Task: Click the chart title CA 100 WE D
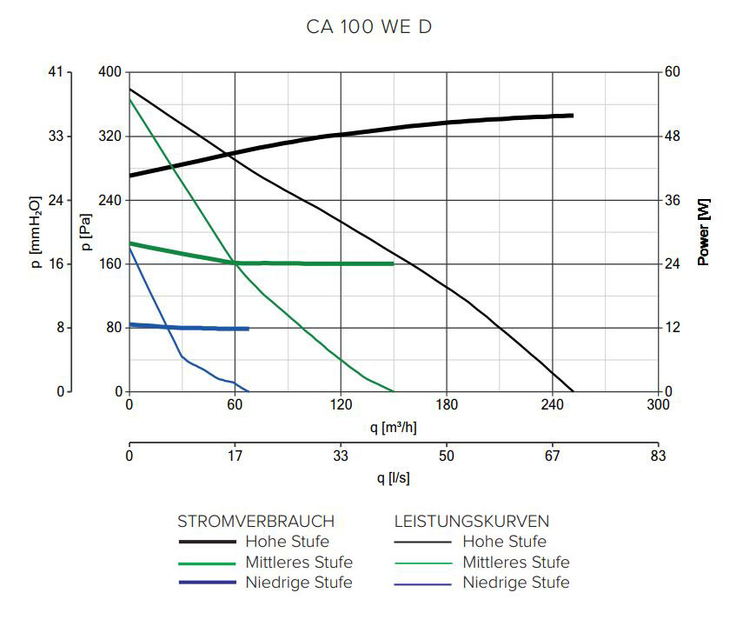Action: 369,27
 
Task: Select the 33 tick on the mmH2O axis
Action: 56,137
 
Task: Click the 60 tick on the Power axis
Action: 672,72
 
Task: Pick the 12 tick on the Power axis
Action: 672,328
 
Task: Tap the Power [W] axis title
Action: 704,231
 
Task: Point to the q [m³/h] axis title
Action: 393,427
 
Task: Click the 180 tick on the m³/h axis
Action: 446,404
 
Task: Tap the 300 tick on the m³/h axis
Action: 658,404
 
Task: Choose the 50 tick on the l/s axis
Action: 446,456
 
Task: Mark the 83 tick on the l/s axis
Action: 658,456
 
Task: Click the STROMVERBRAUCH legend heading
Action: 255,522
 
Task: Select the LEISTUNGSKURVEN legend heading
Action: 472,522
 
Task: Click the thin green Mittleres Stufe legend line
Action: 423,563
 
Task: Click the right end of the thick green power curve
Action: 393,263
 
